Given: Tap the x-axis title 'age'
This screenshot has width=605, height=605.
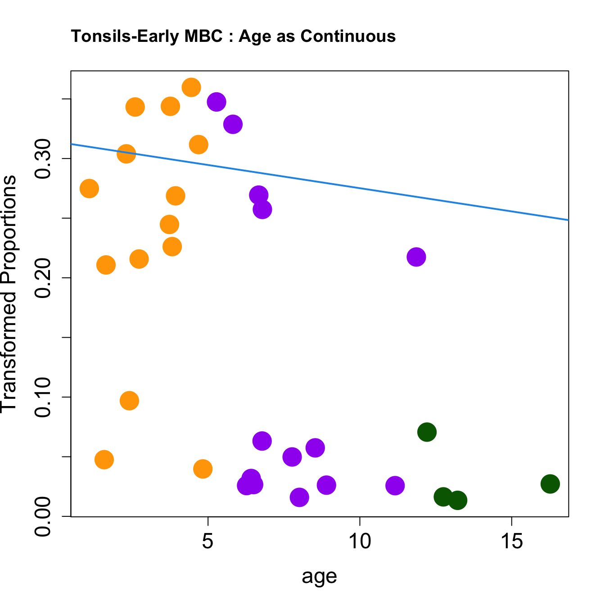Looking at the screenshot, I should (x=319, y=576).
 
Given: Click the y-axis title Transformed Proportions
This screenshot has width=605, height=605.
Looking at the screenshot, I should (x=9, y=293).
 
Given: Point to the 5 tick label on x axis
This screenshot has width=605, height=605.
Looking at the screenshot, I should (x=207, y=542).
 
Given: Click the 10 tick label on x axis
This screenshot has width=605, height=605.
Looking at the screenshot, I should (x=359, y=542).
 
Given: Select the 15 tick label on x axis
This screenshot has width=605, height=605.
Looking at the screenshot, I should (x=511, y=542).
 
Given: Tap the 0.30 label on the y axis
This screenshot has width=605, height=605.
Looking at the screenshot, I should (x=44, y=158).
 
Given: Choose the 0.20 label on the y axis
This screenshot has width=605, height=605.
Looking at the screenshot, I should (x=44, y=278).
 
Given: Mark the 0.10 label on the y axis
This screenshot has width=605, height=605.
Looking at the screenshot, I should (x=44, y=397).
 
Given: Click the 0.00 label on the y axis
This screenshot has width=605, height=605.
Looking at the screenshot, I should (x=44, y=516).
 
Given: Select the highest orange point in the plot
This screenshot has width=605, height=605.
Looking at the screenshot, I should (x=191, y=87).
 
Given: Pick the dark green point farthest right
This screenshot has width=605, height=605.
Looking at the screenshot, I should (x=550, y=484).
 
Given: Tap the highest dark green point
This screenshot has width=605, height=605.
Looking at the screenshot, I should (x=427, y=432).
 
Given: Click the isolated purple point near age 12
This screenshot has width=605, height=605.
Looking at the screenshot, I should (x=416, y=257).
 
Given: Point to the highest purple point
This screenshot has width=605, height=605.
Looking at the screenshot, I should (x=217, y=102).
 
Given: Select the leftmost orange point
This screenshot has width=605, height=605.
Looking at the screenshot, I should (x=89, y=189).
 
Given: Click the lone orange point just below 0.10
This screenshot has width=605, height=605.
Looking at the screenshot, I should (x=129, y=401).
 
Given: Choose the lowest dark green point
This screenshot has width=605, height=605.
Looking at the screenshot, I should (x=457, y=500).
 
